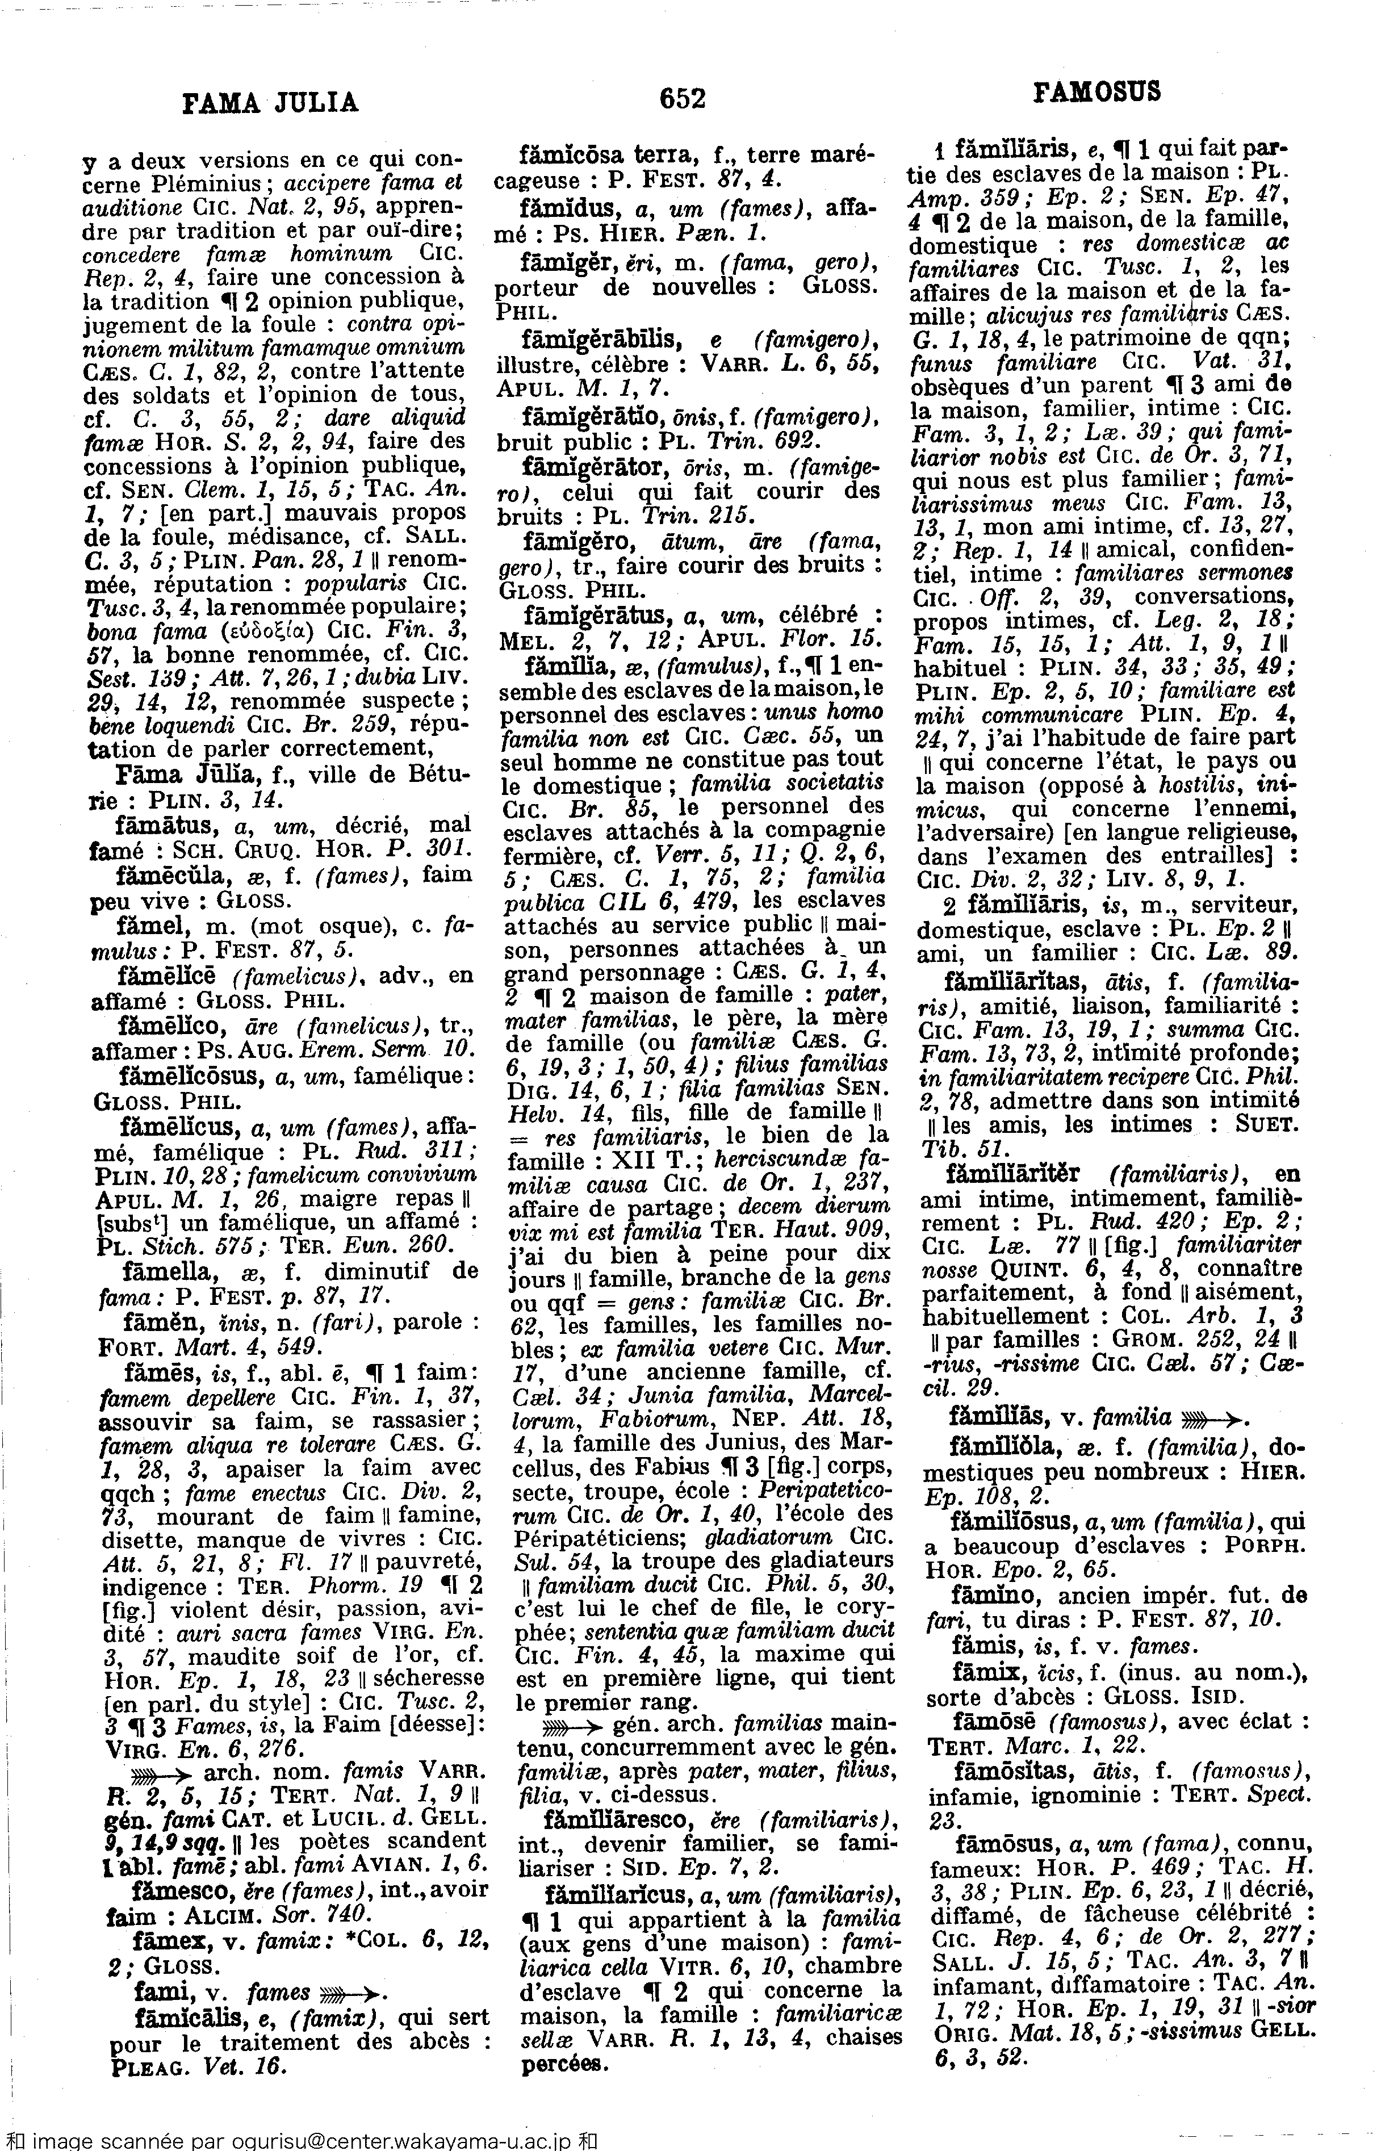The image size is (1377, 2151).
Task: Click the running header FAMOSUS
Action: [1097, 91]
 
